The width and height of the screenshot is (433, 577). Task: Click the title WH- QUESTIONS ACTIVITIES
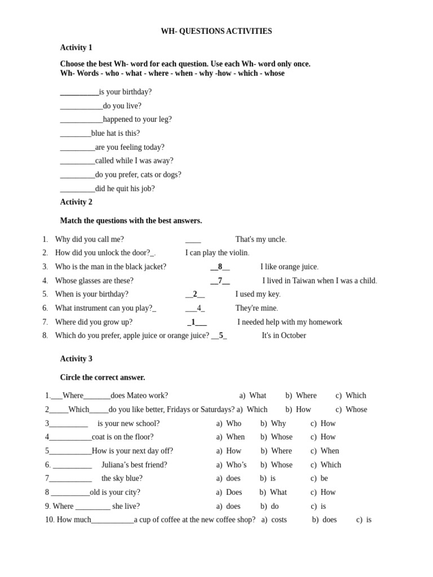pos(216,32)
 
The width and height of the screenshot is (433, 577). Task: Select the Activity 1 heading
pos(76,48)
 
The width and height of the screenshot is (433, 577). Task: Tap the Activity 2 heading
pos(76,202)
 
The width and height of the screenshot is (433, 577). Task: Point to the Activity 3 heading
pos(76,359)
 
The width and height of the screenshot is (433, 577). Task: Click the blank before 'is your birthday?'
pos(79,92)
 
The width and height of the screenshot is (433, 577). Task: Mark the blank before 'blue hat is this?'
pos(76,134)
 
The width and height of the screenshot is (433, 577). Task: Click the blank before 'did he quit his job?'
pos(77,189)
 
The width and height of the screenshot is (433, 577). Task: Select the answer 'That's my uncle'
pos(260,239)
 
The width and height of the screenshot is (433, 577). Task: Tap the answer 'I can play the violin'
pos(217,253)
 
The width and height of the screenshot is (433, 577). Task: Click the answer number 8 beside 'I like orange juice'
pos(220,267)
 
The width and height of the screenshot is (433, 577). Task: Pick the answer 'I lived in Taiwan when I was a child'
pos(319,281)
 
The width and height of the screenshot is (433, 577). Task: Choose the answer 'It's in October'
pos(284,336)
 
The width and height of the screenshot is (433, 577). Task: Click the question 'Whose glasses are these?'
pos(94,281)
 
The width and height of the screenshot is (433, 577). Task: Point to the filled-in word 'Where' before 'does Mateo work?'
pos(73,396)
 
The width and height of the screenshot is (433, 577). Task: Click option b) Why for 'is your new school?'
pos(273,424)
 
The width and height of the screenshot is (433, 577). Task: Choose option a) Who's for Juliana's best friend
pos(231,465)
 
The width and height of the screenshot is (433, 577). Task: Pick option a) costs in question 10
pos(274,520)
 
